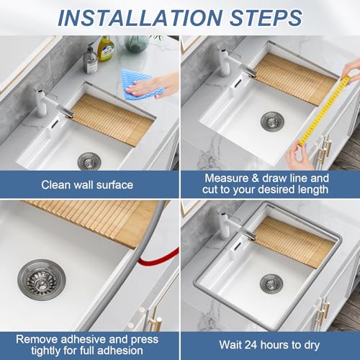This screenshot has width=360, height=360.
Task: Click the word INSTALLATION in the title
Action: pyautogui.click(x=140, y=18)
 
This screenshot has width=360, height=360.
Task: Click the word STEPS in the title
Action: pyautogui.click(x=266, y=18)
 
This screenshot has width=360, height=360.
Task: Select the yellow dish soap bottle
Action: pyautogui.click(x=106, y=48)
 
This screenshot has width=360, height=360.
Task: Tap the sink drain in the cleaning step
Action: pyautogui.click(x=89, y=161)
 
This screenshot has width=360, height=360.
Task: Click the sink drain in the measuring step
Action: pyautogui.click(x=272, y=122)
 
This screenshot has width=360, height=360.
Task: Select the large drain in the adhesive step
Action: pyautogui.click(x=42, y=280)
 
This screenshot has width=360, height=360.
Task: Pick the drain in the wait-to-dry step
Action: pyautogui.click(x=271, y=284)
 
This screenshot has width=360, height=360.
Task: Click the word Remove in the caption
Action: pyautogui.click(x=37, y=339)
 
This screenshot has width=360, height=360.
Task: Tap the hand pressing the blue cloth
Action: pyautogui.click(x=153, y=85)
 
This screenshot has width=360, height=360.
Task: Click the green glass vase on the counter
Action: pyautogui.click(x=136, y=43)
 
